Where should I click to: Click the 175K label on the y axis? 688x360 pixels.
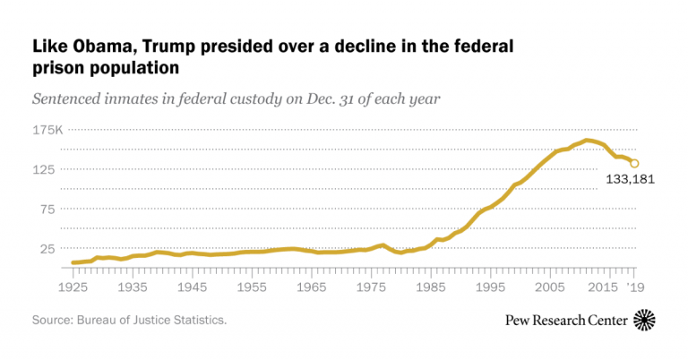click(48, 130)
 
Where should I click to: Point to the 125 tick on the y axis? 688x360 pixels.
click(44, 169)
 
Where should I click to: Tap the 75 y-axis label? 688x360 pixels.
click(47, 209)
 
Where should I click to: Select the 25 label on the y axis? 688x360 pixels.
click(47, 248)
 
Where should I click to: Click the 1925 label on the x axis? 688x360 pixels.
click(73, 287)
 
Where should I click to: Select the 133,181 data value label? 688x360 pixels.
click(631, 179)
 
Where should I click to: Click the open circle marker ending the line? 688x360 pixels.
click(633, 163)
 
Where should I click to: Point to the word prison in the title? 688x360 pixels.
click(58, 67)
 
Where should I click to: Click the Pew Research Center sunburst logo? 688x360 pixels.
click(644, 320)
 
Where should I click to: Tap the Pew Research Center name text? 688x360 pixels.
click(568, 321)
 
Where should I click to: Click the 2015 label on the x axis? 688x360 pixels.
click(607, 287)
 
